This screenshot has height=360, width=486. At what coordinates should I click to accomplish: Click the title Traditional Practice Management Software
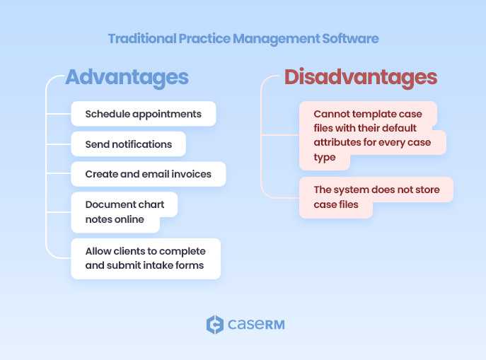tap(243, 38)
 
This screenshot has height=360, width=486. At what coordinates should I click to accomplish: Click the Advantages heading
tap(127, 77)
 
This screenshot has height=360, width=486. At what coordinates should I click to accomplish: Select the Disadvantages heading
tap(360, 77)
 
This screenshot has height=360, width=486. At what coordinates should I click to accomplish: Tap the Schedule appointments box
tap(143, 114)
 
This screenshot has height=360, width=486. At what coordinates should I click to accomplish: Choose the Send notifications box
tap(128, 144)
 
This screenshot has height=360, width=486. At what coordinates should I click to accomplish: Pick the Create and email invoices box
tap(148, 174)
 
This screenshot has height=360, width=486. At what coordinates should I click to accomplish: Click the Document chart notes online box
tap(124, 211)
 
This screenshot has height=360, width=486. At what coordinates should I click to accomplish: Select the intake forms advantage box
tap(145, 258)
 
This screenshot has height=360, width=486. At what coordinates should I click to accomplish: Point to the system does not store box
tap(376, 197)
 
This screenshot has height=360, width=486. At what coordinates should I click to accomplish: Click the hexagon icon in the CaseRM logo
tap(214, 325)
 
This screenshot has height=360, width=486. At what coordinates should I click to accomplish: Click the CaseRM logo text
tap(255, 325)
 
